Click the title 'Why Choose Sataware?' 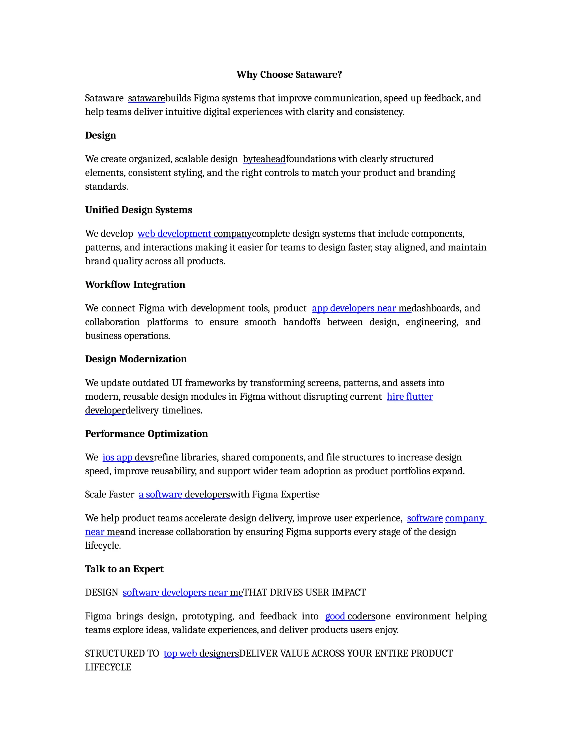[x=289, y=74]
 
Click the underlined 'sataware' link [x=146, y=98]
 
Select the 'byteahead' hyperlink [x=264, y=159]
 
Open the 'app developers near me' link [x=362, y=308]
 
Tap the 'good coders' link [x=350, y=616]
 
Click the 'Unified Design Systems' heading [x=139, y=210]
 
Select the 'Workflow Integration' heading [x=135, y=284]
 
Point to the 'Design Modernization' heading [x=136, y=359]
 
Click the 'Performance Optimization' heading [x=146, y=434]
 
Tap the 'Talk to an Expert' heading [x=124, y=569]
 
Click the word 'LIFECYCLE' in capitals [x=108, y=667]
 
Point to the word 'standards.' [x=106, y=187]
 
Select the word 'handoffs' [x=301, y=322]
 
